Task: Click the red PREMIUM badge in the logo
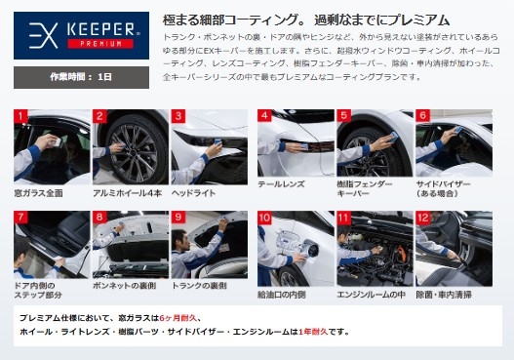(100, 44)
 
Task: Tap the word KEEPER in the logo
(100, 29)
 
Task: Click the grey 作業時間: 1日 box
(81, 77)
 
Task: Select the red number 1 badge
(20, 116)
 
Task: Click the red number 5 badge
(344, 116)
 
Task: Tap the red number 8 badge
(99, 218)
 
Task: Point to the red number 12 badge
(423, 218)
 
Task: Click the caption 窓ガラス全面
(39, 193)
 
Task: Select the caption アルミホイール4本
(127, 193)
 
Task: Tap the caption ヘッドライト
(194, 193)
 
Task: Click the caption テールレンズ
(281, 184)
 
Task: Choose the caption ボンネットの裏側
(125, 286)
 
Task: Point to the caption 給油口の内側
(282, 295)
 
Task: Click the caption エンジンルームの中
(371, 295)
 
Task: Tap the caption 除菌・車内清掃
(444, 295)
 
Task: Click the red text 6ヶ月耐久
(178, 318)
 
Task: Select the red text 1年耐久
(313, 332)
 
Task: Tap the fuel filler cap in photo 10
(310, 248)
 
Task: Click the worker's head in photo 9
(180, 238)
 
